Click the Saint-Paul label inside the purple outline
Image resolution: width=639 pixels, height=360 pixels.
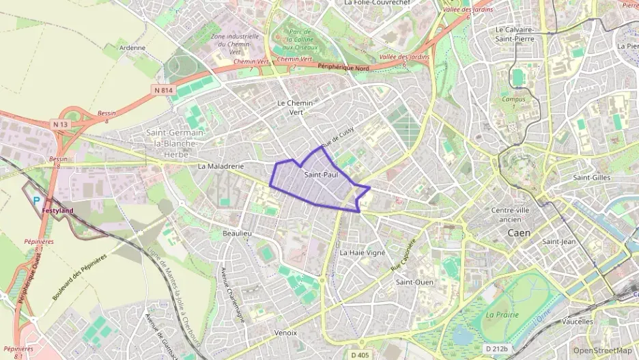[320, 175]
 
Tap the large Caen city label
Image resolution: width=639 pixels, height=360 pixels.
[519, 233]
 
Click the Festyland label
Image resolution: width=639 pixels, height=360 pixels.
[57, 210]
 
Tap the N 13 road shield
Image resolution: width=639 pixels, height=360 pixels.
[60, 124]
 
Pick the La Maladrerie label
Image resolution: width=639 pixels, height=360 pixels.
[221, 166]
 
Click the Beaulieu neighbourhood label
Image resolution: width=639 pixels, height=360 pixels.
[238, 234]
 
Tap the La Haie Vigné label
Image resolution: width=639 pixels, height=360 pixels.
[363, 252]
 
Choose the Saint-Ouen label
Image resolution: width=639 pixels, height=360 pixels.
[414, 281]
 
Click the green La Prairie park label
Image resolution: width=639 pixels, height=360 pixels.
[500, 314]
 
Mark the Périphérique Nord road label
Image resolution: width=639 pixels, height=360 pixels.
[343, 66]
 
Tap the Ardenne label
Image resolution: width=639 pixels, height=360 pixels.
[132, 48]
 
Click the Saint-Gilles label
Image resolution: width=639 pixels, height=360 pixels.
[591, 178]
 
